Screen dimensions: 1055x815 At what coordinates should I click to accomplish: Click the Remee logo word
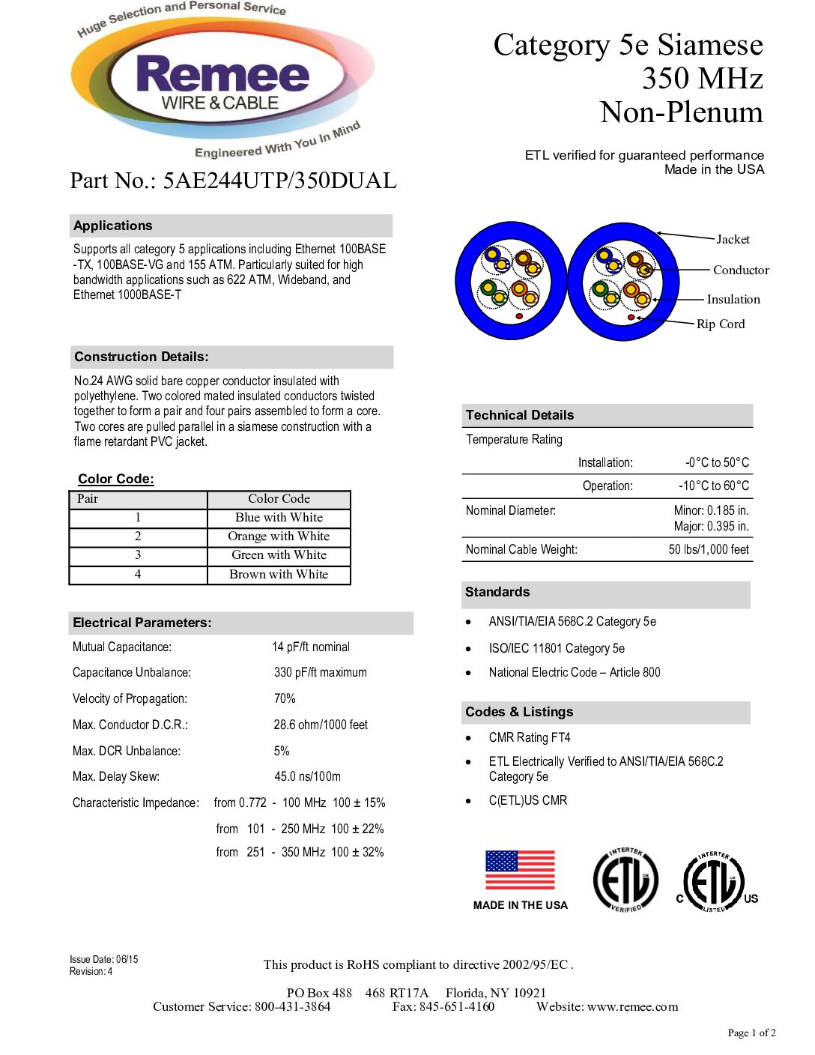pyautogui.click(x=222, y=75)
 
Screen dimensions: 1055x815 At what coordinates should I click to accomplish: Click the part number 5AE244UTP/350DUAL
pyautogui.click(x=279, y=181)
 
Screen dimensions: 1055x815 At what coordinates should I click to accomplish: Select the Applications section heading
pyautogui.click(x=113, y=226)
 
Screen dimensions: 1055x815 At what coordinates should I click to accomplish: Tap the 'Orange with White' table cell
pyautogui.click(x=279, y=536)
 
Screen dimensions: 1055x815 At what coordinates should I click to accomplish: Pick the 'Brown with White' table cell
pyautogui.click(x=279, y=575)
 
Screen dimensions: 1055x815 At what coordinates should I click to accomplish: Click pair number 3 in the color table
pyautogui.click(x=138, y=555)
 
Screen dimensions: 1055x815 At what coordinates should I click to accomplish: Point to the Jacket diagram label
pyautogui.click(x=733, y=240)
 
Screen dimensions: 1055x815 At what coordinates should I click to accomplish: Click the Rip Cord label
pyautogui.click(x=721, y=324)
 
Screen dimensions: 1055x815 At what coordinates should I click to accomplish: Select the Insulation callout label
pyautogui.click(x=733, y=300)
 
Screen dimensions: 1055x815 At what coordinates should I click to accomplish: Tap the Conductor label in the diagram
pyautogui.click(x=741, y=270)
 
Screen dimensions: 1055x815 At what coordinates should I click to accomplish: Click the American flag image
pyautogui.click(x=520, y=871)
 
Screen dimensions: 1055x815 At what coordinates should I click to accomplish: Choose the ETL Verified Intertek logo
pyautogui.click(x=625, y=880)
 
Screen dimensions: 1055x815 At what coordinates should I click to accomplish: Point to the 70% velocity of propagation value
pyautogui.click(x=285, y=699)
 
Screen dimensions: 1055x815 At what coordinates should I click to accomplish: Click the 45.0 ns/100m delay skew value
pyautogui.click(x=307, y=777)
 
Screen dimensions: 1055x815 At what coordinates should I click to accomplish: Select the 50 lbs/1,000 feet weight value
pyautogui.click(x=709, y=550)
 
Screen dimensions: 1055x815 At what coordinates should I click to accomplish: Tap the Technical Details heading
pyautogui.click(x=520, y=415)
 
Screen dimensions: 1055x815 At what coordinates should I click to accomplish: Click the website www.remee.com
pyautogui.click(x=633, y=1007)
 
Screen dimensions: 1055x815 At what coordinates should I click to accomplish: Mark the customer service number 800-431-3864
pyautogui.click(x=292, y=1007)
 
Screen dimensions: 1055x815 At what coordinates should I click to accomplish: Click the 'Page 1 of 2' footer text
pyautogui.click(x=751, y=1033)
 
